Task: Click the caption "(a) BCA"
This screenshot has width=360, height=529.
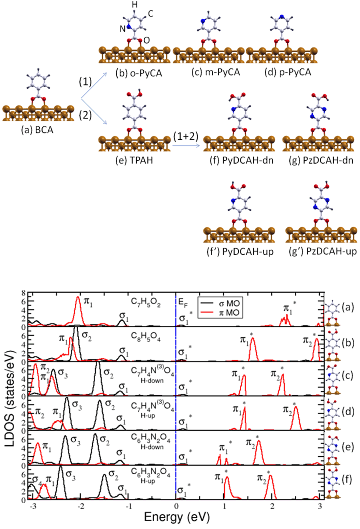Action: point(37,130)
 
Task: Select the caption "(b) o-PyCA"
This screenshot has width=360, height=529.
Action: point(139,73)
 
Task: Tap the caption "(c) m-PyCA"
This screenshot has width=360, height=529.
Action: point(216,72)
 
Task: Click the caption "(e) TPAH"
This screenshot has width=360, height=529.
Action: point(134,160)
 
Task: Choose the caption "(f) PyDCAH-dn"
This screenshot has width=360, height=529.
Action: point(241,160)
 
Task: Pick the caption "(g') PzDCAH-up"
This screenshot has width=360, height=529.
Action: point(323,251)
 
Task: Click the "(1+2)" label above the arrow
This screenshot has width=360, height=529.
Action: point(185,136)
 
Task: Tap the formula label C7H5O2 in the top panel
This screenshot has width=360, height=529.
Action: point(146,303)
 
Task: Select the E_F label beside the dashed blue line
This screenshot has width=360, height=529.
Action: point(183,302)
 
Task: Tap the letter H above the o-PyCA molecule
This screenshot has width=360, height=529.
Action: point(135,5)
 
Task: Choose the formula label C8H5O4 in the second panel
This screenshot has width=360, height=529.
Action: point(146,337)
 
